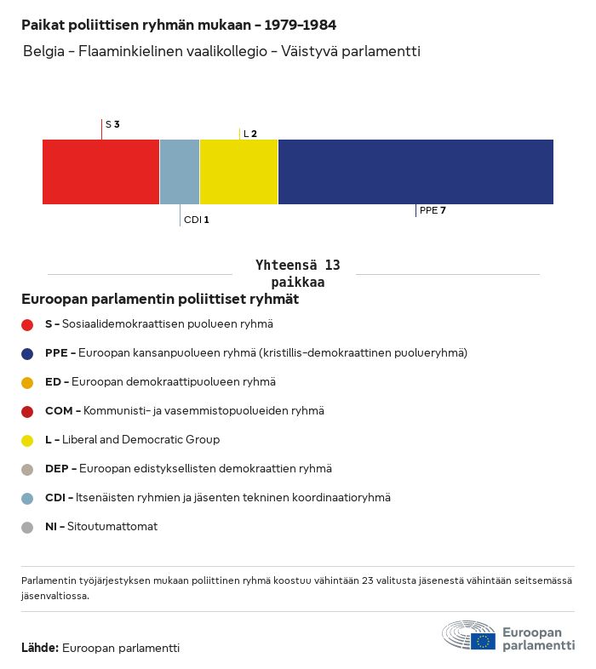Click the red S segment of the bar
pos(100,171)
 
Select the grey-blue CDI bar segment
pos(179,171)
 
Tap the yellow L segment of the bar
pos(238,171)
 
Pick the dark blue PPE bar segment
pos(415,171)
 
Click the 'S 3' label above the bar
pos(112,124)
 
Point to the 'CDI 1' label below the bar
pos(197,220)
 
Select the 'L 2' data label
pos(249,134)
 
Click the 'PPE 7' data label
pos(433,209)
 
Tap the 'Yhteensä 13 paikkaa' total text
pos(297,273)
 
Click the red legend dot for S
pos(27,324)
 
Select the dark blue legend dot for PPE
pos(27,353)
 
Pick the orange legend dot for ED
pos(27,382)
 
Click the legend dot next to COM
pos(27,411)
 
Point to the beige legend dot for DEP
pos(27,469)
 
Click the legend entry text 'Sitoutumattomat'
pos(112,527)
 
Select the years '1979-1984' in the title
pos(301,26)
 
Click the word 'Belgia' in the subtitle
pos(43,52)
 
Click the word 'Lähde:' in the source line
pos(39,648)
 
